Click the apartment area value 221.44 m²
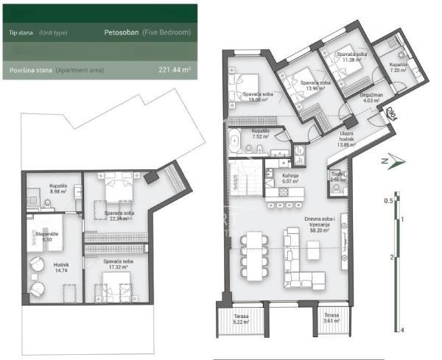click(x=175, y=71)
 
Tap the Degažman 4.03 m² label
click(x=371, y=98)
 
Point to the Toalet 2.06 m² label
click(x=338, y=177)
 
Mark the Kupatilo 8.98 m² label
click(x=58, y=189)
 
